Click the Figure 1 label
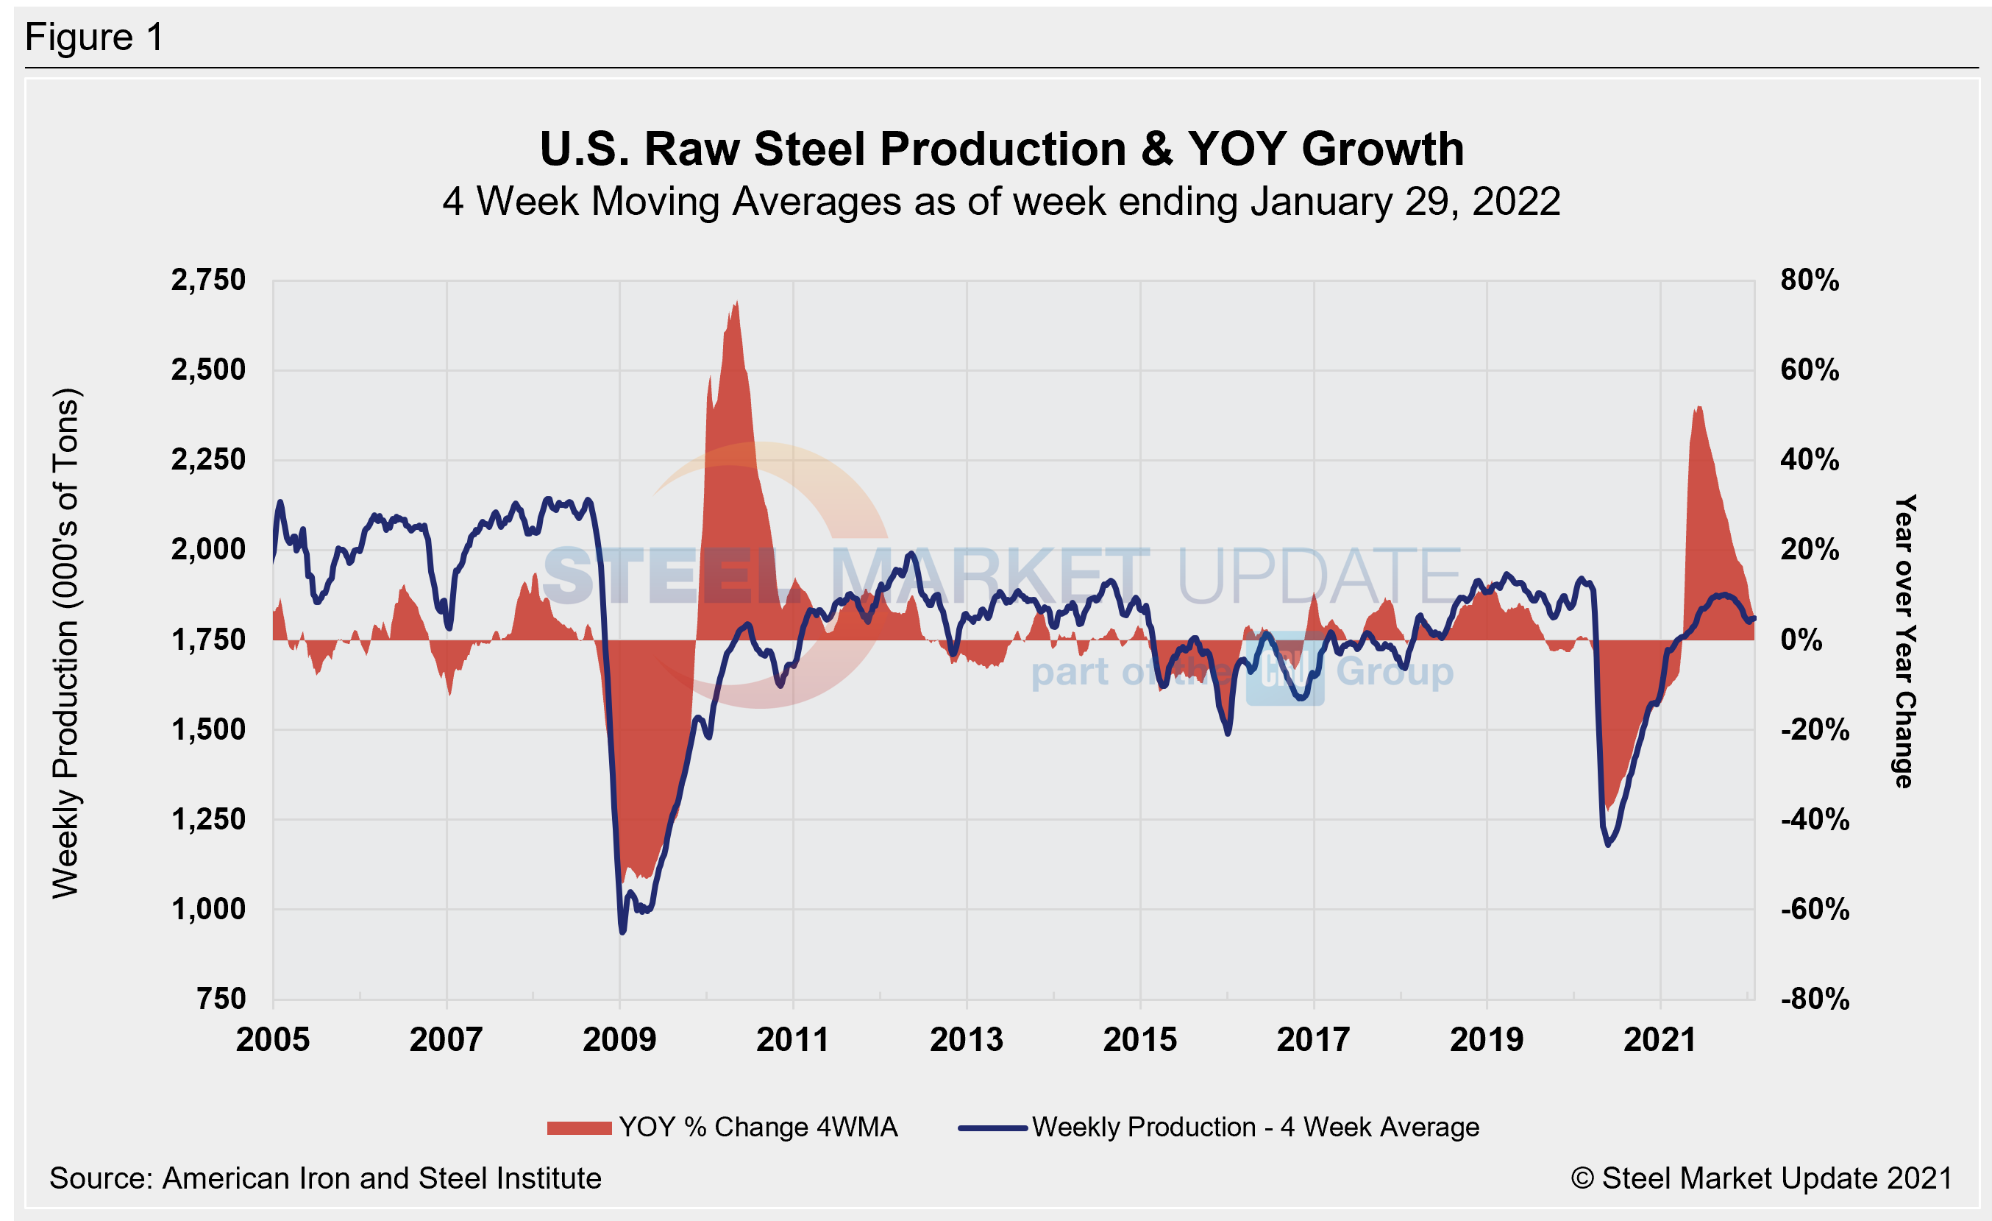pos(95,38)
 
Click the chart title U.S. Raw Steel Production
pos(1001,149)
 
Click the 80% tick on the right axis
pos(1810,280)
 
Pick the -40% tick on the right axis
pos(1814,820)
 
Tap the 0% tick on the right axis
pos(1801,640)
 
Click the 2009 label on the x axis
pos(619,1040)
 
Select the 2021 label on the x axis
pos(1660,1040)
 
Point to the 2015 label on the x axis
pos(1140,1040)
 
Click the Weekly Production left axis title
pos(66,643)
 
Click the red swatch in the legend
pos(579,1128)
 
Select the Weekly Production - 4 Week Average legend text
pos(1255,1128)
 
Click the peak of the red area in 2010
pos(736,303)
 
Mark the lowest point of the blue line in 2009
pos(622,932)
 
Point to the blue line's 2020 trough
pos(1607,845)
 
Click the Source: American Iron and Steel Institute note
pos(325,1178)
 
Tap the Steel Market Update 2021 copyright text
pos(1762,1178)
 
